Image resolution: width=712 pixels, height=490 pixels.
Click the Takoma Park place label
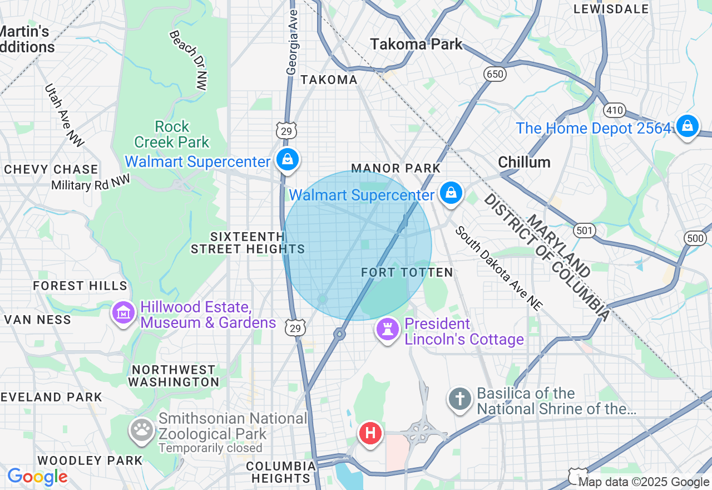pyautogui.click(x=417, y=44)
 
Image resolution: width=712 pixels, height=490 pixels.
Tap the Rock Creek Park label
pyautogui.click(x=172, y=135)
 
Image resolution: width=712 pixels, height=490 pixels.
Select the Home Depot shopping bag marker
pyautogui.click(x=688, y=126)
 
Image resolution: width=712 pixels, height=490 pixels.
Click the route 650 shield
pyautogui.click(x=494, y=74)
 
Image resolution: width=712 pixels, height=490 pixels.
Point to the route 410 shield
pyautogui.click(x=615, y=110)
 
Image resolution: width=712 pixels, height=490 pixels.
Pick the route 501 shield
pyautogui.click(x=585, y=230)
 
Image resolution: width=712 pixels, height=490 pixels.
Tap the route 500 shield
pyautogui.click(x=695, y=238)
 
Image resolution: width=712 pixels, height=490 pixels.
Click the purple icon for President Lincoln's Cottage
pyautogui.click(x=388, y=329)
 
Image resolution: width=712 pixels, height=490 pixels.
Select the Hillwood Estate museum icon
pyautogui.click(x=123, y=312)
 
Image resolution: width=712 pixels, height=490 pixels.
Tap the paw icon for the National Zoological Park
pyautogui.click(x=142, y=430)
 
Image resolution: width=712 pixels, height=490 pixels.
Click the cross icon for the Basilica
pyautogui.click(x=460, y=399)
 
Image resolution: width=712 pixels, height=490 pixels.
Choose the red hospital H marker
pyautogui.click(x=370, y=433)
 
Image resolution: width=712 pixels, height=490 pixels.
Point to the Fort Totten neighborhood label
pyautogui.click(x=407, y=272)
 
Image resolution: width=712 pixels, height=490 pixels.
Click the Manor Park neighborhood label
pyautogui.click(x=395, y=168)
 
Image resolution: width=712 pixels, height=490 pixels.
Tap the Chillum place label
pyautogui.click(x=524, y=162)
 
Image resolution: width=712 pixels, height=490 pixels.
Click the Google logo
pyautogui.click(x=37, y=477)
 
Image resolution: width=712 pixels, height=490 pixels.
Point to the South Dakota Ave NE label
pyautogui.click(x=498, y=268)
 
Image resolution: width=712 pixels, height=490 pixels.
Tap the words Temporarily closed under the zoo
pyautogui.click(x=210, y=448)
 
